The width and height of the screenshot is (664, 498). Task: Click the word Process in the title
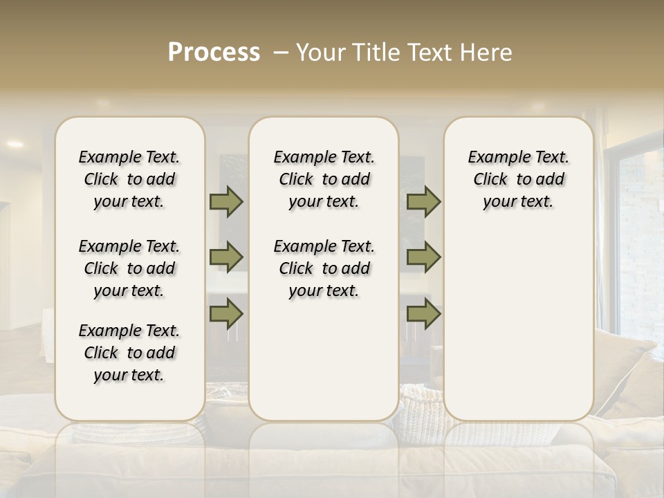point(214,53)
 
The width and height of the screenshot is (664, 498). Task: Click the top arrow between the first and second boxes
point(226,202)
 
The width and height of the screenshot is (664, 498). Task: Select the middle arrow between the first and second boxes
point(226,257)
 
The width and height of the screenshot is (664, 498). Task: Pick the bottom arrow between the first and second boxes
point(226,313)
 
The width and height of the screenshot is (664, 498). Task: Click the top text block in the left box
point(129,179)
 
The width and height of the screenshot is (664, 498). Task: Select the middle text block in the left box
point(129,268)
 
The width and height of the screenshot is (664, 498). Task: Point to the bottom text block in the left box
point(129,353)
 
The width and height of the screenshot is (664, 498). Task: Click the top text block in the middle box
point(324,179)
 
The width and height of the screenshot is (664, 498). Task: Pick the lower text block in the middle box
point(324,268)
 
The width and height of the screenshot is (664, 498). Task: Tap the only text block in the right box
point(518,179)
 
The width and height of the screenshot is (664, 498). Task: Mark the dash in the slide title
point(281,53)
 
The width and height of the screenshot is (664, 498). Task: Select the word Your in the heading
point(321,53)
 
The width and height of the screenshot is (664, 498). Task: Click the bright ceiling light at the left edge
point(15,144)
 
